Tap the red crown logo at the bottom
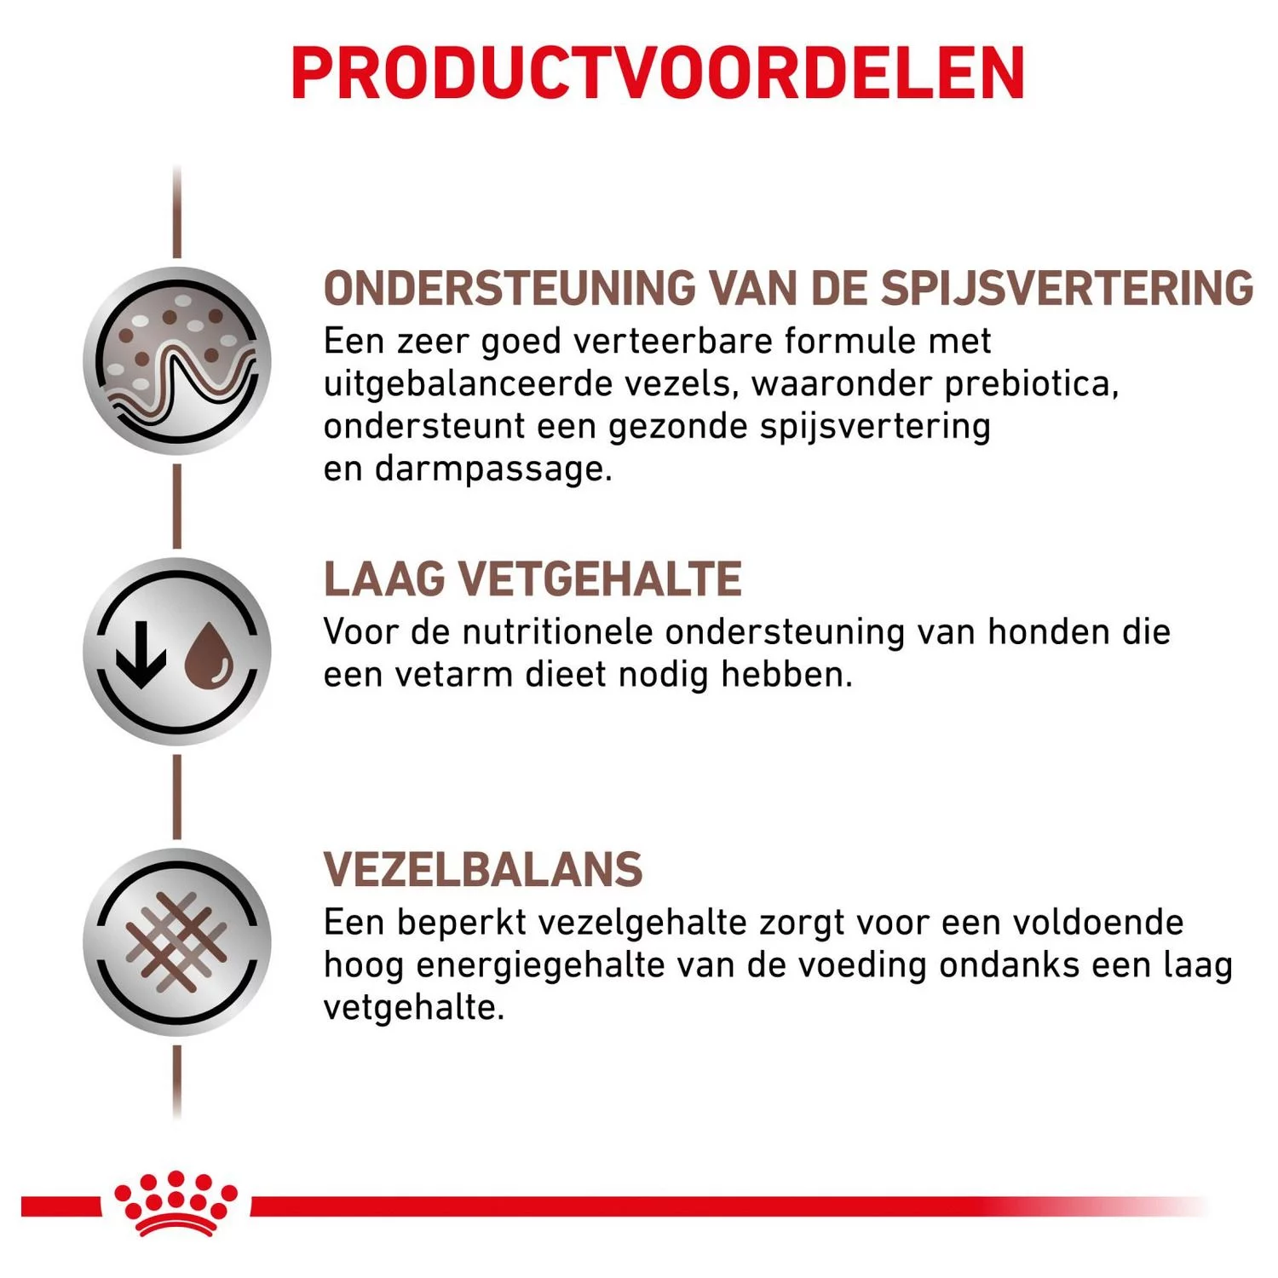coord(176,1202)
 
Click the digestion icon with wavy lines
coord(177,361)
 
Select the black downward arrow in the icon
coord(141,653)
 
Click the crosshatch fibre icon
coord(177,942)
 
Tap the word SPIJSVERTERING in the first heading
coord(1066,288)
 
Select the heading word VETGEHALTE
coord(600,579)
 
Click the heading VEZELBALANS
coord(483,870)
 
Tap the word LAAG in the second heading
coord(384,579)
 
